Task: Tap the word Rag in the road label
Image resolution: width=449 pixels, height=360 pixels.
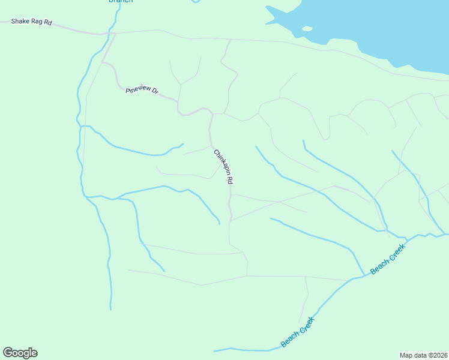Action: [x=38, y=23]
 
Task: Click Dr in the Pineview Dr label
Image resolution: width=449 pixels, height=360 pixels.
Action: [x=155, y=91]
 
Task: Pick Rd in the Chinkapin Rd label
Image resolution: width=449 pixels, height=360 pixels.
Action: [x=229, y=178]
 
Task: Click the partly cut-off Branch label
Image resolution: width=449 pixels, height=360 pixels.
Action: [x=120, y=1]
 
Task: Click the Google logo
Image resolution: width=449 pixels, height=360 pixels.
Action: [x=20, y=353]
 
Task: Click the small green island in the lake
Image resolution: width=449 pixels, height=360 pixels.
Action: [x=307, y=28]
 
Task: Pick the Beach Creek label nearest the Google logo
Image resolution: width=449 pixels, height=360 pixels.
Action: [x=297, y=332]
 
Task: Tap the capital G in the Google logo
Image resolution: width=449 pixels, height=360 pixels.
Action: [x=8, y=353]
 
